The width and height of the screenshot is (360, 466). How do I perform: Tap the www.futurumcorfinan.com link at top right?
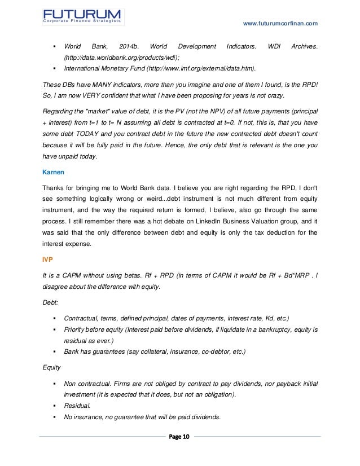click(280, 23)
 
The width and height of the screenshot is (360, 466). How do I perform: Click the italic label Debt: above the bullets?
click(51, 302)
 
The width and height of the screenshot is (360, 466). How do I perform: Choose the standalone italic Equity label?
click(52, 365)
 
